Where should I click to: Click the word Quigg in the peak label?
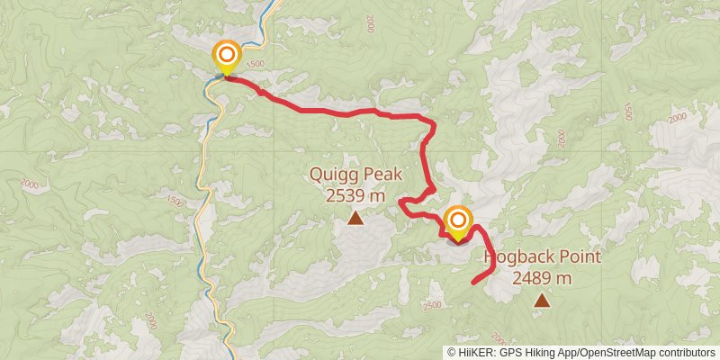330,175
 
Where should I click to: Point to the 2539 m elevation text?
355,194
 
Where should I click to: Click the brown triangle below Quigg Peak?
355,218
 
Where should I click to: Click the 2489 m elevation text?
542,278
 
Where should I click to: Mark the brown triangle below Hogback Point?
541,300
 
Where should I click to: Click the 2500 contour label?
431,305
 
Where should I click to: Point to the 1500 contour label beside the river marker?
255,64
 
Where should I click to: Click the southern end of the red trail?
473,283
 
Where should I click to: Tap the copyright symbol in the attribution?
452,352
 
